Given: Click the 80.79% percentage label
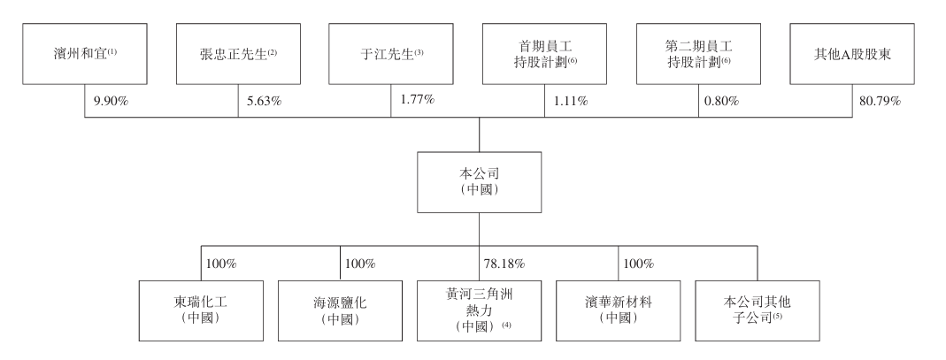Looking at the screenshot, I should coord(878,101).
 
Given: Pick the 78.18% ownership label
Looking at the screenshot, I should coord(506,264).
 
